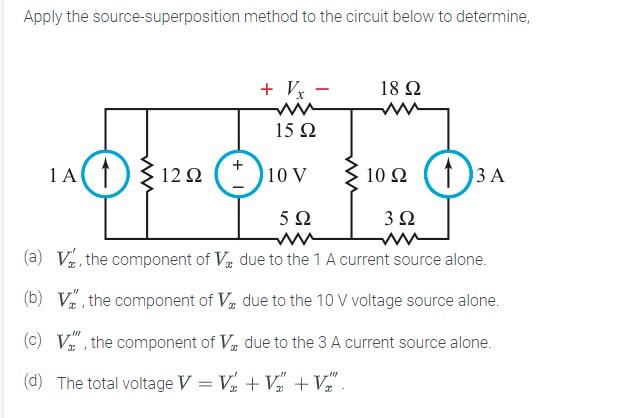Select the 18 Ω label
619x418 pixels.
tap(400, 87)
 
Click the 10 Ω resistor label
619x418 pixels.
tap(386, 176)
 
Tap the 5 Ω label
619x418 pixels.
tap(295, 218)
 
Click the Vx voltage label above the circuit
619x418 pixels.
tap(297, 88)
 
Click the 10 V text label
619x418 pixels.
tap(288, 176)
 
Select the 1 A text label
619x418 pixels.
tap(62, 176)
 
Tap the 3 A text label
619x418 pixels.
tap(491, 176)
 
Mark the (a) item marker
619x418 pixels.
tap(33, 259)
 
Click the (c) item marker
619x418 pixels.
tap(33, 342)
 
